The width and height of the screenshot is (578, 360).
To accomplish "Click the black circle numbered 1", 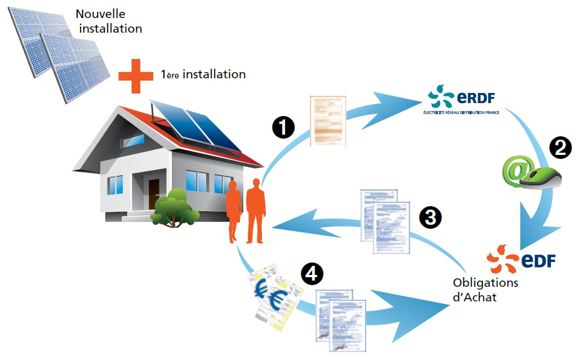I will coord(283,127).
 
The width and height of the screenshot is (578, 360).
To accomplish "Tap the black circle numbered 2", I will coord(561,148).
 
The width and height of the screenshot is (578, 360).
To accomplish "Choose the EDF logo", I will coord(522,260).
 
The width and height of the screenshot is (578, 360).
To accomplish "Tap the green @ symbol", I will coord(517,170).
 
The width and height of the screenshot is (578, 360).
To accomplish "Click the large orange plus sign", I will coord(135,74).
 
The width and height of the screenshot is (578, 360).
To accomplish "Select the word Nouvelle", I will coord(101,14).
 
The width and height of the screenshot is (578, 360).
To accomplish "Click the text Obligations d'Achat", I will coord(485,289).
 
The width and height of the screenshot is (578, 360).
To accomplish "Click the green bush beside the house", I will coord(175,208).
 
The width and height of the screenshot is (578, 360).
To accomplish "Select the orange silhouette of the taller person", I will coord(255,211).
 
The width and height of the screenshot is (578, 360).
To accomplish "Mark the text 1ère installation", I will coord(203,74).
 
